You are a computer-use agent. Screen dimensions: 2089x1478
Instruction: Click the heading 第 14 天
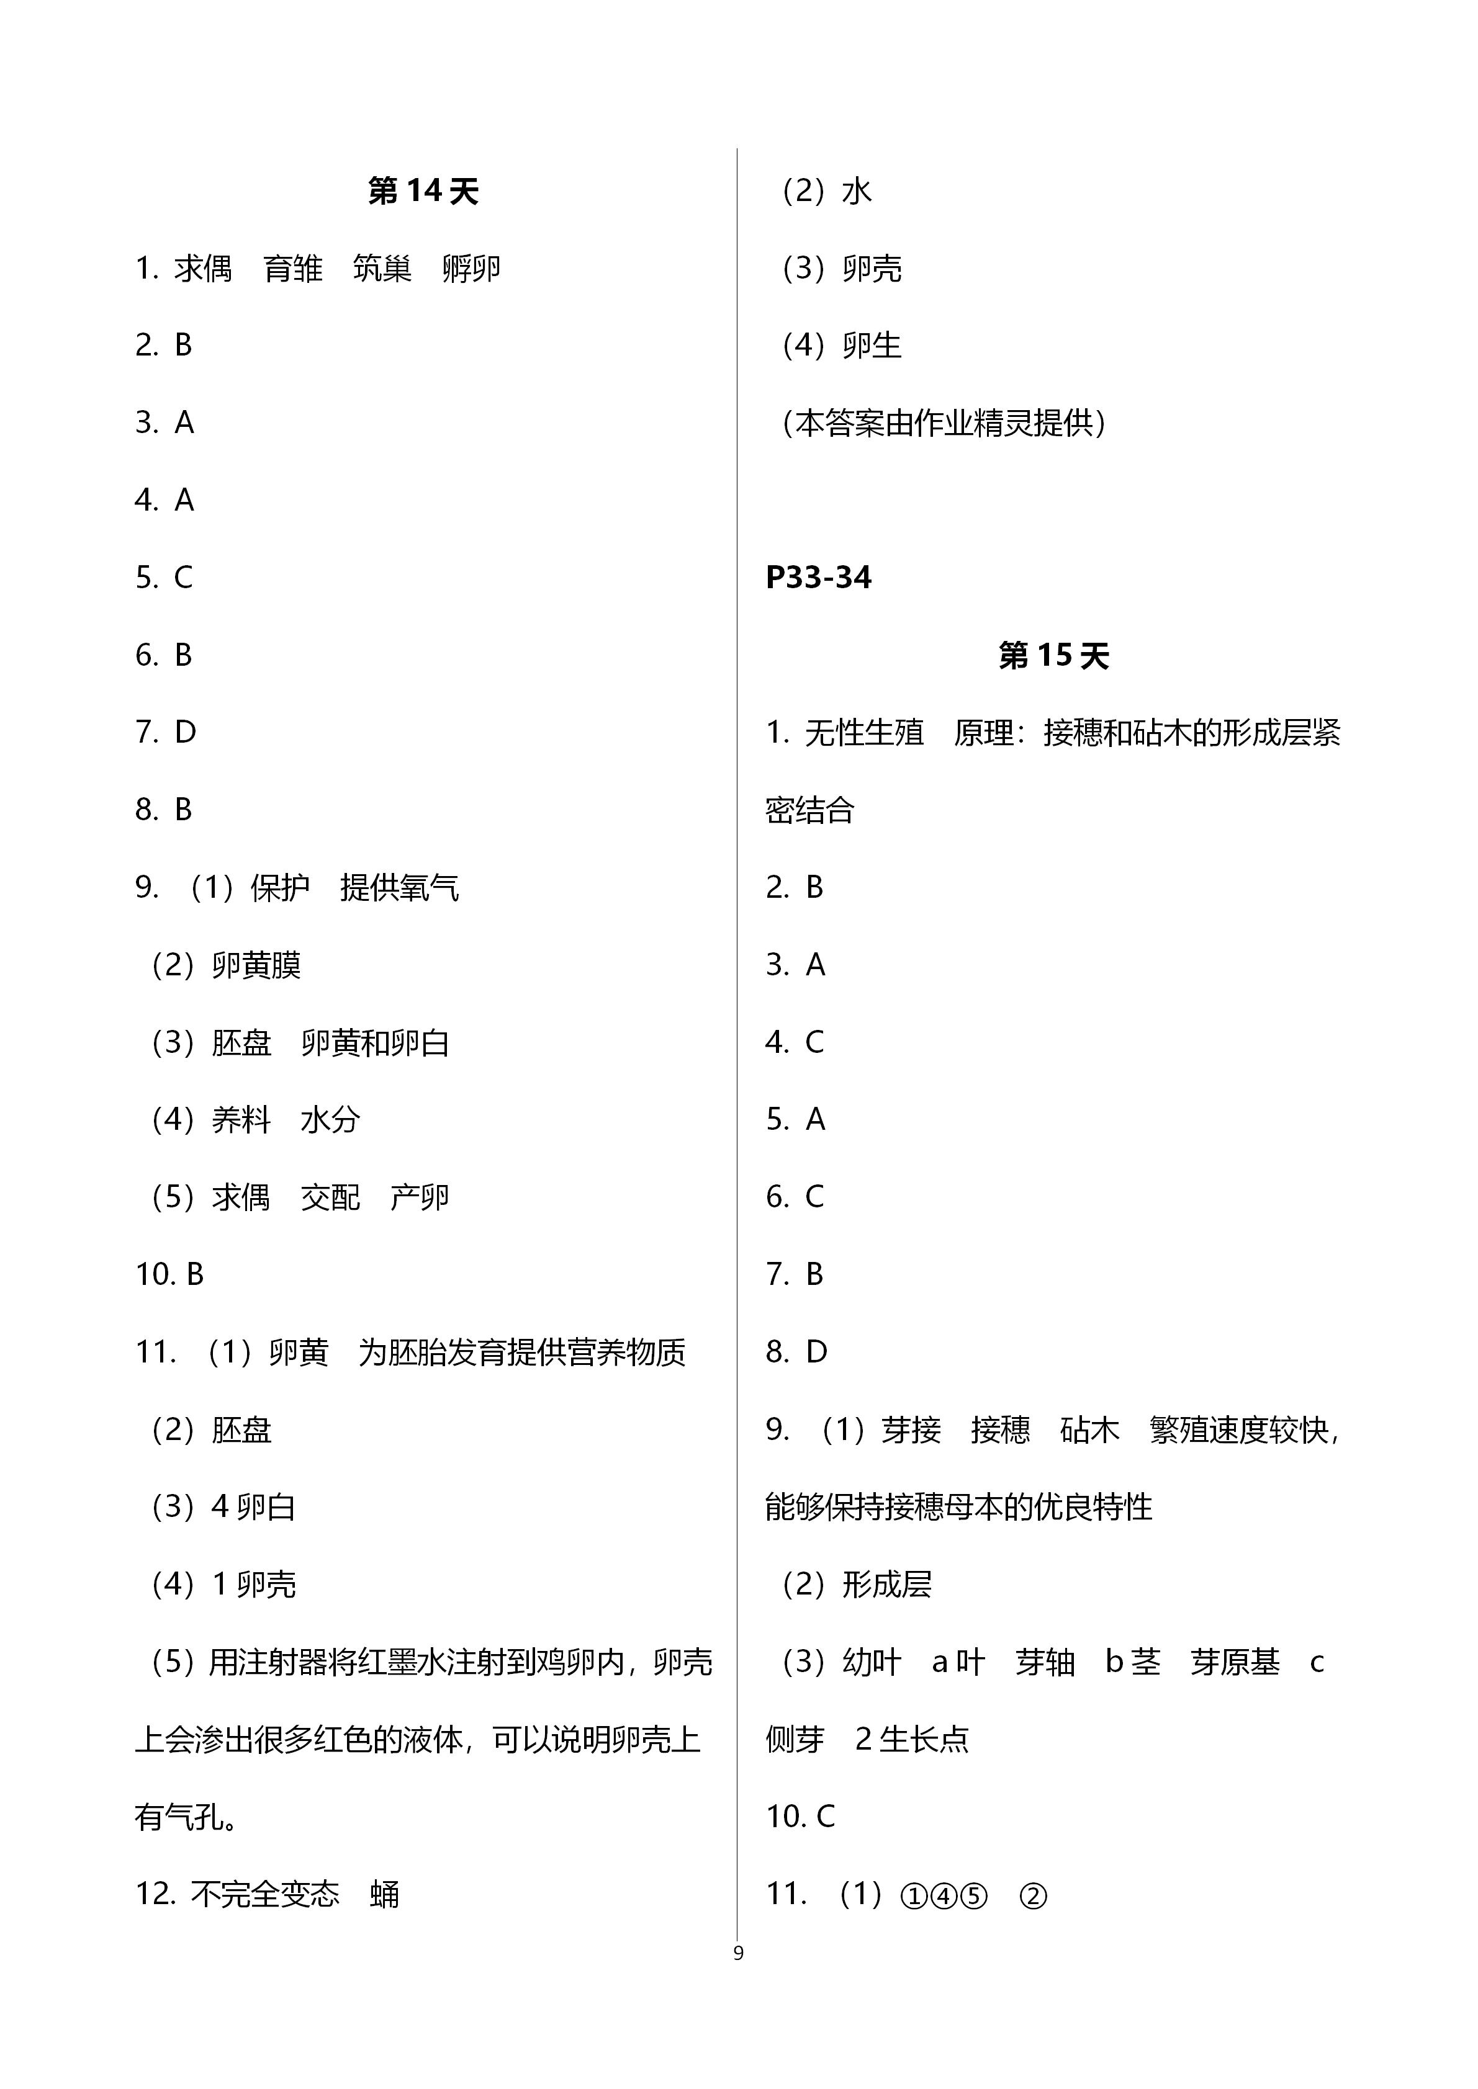tap(423, 191)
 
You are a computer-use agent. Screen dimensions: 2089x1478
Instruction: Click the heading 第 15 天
tap(1054, 655)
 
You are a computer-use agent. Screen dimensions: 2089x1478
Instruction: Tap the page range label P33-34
tap(818, 578)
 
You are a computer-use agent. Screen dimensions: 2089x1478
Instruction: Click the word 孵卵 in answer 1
tap(471, 269)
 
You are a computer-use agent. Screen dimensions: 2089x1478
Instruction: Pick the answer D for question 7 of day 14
tap(185, 733)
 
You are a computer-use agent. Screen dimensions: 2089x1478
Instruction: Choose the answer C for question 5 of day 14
tap(183, 578)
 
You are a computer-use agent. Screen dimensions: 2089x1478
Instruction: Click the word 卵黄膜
tap(256, 965)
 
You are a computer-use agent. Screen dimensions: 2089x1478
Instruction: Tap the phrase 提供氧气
tap(400, 888)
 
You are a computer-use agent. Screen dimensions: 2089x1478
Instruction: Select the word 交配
tap(330, 1197)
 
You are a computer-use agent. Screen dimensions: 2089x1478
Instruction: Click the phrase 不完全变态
tap(265, 1894)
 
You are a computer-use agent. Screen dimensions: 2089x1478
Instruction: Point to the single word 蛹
tap(385, 1894)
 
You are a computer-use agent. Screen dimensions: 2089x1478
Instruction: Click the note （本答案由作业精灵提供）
tap(944, 423)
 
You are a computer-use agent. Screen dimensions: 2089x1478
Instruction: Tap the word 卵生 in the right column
tap(872, 346)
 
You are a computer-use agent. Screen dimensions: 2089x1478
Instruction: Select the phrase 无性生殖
tap(863, 733)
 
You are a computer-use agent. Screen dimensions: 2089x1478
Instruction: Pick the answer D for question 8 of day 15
tap(816, 1352)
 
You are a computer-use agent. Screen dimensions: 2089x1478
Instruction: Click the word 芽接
tap(911, 1429)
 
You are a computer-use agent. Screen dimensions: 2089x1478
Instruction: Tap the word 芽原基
tap(1235, 1662)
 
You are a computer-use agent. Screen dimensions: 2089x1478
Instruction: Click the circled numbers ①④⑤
tap(944, 1895)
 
